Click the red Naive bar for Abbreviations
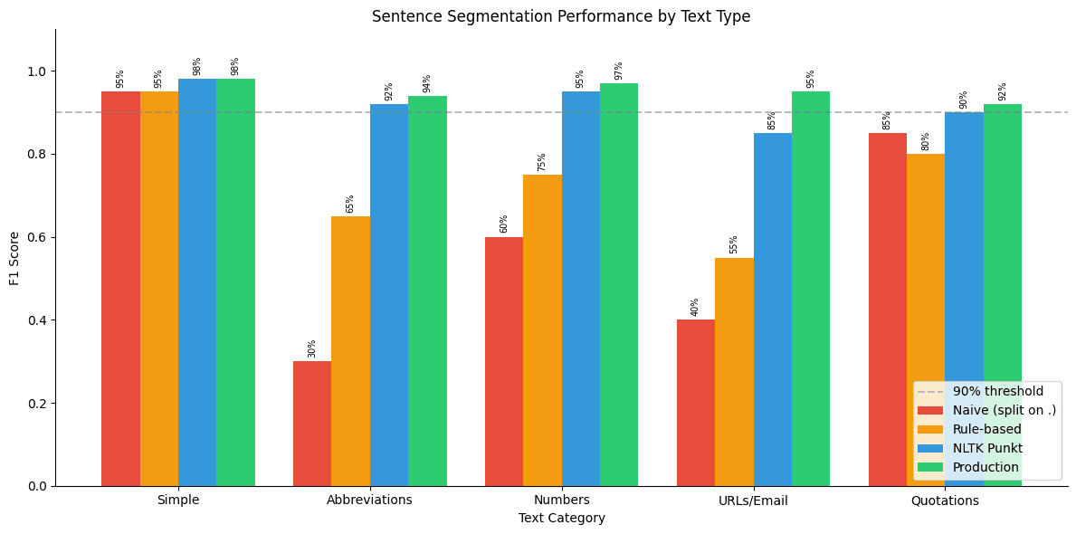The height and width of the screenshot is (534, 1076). (x=312, y=424)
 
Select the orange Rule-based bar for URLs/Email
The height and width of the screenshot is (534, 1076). (x=734, y=372)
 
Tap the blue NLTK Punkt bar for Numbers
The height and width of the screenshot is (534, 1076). (x=581, y=289)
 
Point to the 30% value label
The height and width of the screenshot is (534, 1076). (x=312, y=348)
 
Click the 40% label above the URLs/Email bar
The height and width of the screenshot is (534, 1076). (x=696, y=307)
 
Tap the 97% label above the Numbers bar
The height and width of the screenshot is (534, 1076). (x=619, y=71)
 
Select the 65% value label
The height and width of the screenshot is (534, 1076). (x=350, y=204)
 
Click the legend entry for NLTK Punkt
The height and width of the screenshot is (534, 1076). (x=987, y=448)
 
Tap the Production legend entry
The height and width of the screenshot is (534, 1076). (x=986, y=467)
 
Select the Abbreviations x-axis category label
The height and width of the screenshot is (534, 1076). (x=369, y=501)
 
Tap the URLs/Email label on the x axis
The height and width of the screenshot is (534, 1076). (x=753, y=501)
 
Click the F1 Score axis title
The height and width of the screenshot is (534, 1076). (x=14, y=258)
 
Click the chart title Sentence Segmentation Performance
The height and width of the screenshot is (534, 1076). (x=561, y=16)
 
